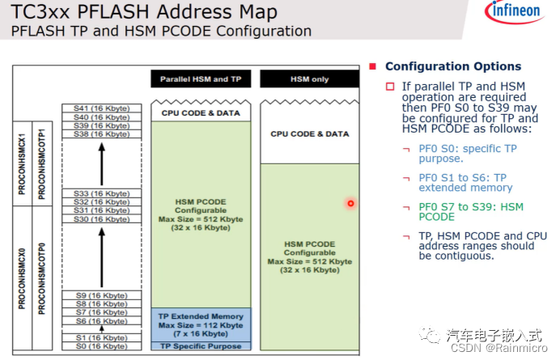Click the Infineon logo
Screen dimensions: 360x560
(515, 14)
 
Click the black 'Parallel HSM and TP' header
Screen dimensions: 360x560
(201, 79)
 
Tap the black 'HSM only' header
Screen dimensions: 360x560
(309, 79)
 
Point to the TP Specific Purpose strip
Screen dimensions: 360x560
(201, 346)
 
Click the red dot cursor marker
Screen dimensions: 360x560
(350, 203)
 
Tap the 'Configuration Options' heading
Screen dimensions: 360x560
(452, 66)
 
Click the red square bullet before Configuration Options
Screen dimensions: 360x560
(373, 66)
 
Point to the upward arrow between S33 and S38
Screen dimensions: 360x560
(102, 163)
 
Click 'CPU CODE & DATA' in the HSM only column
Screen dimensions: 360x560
(309, 133)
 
